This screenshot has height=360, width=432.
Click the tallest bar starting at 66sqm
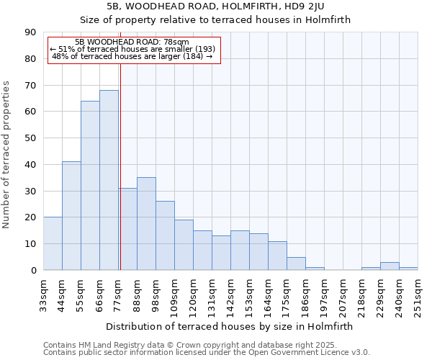coord(109,180)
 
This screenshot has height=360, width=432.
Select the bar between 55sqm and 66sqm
coord(90,185)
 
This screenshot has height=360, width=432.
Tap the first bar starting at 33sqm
coord(53,243)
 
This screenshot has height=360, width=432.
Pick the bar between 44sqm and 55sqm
coord(71,216)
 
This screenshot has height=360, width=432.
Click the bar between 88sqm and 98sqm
coord(146,223)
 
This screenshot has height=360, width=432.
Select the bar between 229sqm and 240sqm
coord(390,266)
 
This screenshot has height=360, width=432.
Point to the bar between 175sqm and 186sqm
coord(296,264)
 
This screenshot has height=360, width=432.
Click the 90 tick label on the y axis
coord(30,32)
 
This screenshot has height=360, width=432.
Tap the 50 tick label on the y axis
coord(30,138)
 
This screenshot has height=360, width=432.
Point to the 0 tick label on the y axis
coord(33,271)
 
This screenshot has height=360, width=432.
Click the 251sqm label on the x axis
coord(418,294)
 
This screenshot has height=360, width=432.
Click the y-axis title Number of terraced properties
coord(7,155)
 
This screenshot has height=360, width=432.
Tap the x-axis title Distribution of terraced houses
coord(230,327)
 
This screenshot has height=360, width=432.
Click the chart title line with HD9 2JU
coord(215,6)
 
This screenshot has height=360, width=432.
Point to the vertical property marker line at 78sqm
coord(120,166)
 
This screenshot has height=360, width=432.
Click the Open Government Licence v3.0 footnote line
coord(207,353)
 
